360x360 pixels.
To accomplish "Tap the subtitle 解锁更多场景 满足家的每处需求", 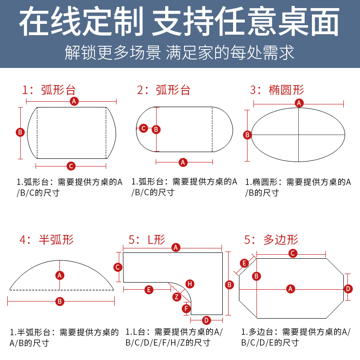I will pos(180,53).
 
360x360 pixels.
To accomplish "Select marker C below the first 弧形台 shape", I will pos(71,166).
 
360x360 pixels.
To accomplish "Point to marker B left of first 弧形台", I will pos(20,132).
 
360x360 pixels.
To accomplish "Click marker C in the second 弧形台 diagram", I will pos(144,128).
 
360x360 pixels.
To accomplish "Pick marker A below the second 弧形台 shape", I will pos(183,162).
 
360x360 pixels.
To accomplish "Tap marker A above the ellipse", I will pos(299,103).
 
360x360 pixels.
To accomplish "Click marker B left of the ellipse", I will pos(247,135).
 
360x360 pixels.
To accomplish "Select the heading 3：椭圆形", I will pos(277,90).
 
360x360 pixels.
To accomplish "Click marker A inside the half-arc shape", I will pos(59,275).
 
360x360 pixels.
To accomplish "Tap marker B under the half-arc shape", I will pos(59,301).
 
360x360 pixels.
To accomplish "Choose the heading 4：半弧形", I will pos(46,239).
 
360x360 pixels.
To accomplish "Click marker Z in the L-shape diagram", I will pos(177,297).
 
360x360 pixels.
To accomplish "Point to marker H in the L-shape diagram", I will pos(190,283).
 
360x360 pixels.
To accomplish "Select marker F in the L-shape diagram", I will pos(186,308).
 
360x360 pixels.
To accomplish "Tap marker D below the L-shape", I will pos(206,320).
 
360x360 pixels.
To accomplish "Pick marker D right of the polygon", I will pos(347,288).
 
